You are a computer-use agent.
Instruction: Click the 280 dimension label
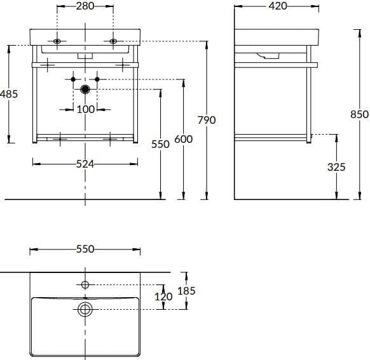[x=85, y=6]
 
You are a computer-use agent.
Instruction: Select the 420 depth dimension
[x=278, y=6]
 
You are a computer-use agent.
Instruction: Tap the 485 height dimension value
[x=9, y=94]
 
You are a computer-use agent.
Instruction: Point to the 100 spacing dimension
[x=86, y=109]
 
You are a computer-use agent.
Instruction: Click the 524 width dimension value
[x=85, y=164]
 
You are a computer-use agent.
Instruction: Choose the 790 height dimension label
[x=207, y=120]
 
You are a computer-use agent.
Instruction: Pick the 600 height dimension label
[x=183, y=139]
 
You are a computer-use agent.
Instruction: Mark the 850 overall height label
[x=359, y=114]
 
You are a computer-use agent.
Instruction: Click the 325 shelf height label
[x=336, y=167]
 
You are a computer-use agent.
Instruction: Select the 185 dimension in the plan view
[x=186, y=291]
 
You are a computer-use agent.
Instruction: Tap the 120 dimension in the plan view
[x=163, y=297]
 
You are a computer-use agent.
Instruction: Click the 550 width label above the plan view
[x=85, y=249]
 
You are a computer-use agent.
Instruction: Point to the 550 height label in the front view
[x=160, y=144]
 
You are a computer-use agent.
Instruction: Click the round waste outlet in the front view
[x=85, y=90]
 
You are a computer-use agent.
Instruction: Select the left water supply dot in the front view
[x=73, y=79]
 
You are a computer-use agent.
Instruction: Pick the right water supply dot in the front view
[x=97, y=79]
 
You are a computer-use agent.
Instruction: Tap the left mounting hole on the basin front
[x=57, y=41]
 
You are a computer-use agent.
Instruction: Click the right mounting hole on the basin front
[x=113, y=41]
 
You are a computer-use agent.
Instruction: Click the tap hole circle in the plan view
[x=85, y=284]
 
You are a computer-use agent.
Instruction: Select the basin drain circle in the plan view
[x=85, y=309]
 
